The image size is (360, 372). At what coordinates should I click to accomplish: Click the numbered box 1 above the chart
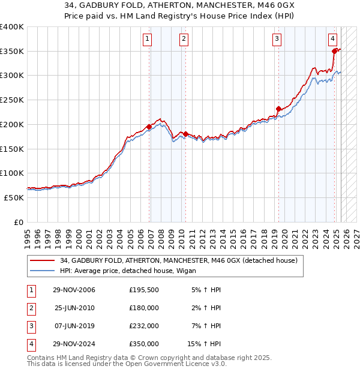tap(148, 40)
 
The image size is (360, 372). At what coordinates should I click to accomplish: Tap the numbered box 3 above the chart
tap(277, 40)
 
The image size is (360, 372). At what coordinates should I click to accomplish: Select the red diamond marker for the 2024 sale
tap(334, 52)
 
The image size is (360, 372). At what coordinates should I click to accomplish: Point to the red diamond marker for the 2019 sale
tap(278, 109)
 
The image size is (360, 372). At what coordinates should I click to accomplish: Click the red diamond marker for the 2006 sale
tap(149, 127)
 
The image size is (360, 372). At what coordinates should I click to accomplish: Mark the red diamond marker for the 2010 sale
tap(185, 134)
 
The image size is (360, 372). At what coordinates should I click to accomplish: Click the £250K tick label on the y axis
tap(12, 100)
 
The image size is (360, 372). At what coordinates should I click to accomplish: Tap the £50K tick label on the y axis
tap(14, 197)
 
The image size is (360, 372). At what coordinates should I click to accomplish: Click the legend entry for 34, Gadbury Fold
tap(178, 260)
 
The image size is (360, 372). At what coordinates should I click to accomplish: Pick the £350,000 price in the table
tap(144, 344)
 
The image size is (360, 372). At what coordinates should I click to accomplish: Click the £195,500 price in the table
tap(144, 290)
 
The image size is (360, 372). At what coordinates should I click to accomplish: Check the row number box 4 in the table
tap(30, 344)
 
